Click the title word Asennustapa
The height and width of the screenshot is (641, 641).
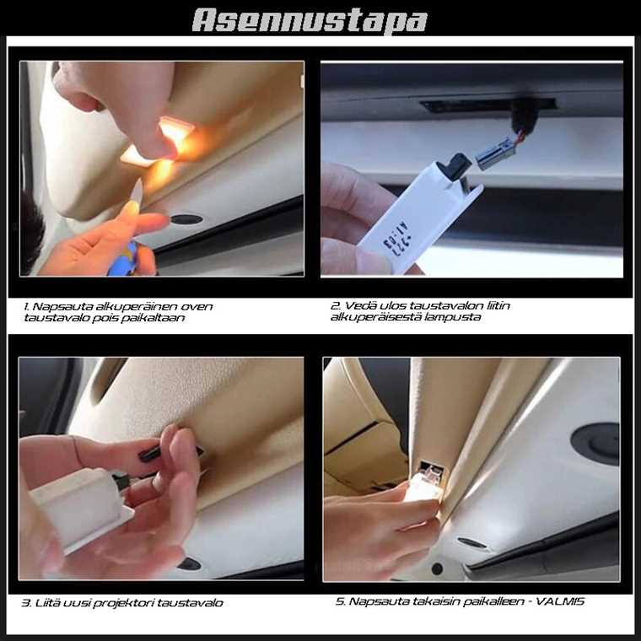point(310,20)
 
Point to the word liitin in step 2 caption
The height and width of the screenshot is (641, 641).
point(498,306)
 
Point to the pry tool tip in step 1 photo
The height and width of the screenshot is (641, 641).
point(139,182)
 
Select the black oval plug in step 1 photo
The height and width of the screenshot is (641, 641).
point(186,219)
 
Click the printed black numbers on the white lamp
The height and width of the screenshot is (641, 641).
point(396,240)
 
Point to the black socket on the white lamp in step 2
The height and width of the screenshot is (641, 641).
point(453,166)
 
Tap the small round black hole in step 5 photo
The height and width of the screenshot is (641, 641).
point(437,568)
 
